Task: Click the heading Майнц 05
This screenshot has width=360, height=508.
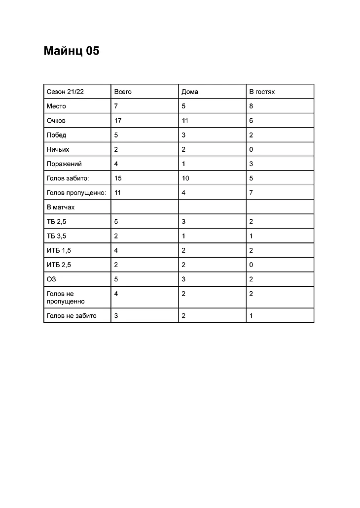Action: pyautogui.click(x=72, y=51)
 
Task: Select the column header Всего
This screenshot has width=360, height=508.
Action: pyautogui.click(x=123, y=92)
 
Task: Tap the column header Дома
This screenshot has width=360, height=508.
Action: pyautogui.click(x=190, y=92)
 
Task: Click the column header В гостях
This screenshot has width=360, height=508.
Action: pyautogui.click(x=262, y=92)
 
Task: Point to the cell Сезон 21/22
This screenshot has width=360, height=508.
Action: pyautogui.click(x=65, y=92)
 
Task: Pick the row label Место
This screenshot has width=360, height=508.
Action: pyautogui.click(x=56, y=106)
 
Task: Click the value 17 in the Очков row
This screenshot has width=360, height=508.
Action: pyautogui.click(x=118, y=120)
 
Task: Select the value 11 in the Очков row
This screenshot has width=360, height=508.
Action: pyautogui.click(x=185, y=120)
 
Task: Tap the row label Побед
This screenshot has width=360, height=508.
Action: pyautogui.click(x=56, y=135)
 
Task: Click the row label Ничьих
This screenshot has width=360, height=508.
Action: pyautogui.click(x=58, y=149)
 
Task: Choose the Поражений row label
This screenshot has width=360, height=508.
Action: pyautogui.click(x=64, y=164)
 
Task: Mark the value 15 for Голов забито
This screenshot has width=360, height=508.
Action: pyautogui.click(x=118, y=178)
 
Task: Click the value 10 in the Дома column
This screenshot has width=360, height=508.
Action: pyautogui.click(x=185, y=178)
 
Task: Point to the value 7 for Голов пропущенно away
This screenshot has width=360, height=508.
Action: pyautogui.click(x=251, y=193)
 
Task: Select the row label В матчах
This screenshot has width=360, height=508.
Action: pyautogui.click(x=61, y=207)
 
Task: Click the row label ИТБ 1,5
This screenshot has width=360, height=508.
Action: pyautogui.click(x=59, y=250)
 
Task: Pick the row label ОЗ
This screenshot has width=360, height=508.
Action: pyautogui.click(x=51, y=279)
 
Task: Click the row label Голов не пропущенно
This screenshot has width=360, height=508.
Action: pyautogui.click(x=66, y=297)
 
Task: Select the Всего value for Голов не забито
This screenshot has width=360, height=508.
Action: pyautogui.click(x=116, y=315)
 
